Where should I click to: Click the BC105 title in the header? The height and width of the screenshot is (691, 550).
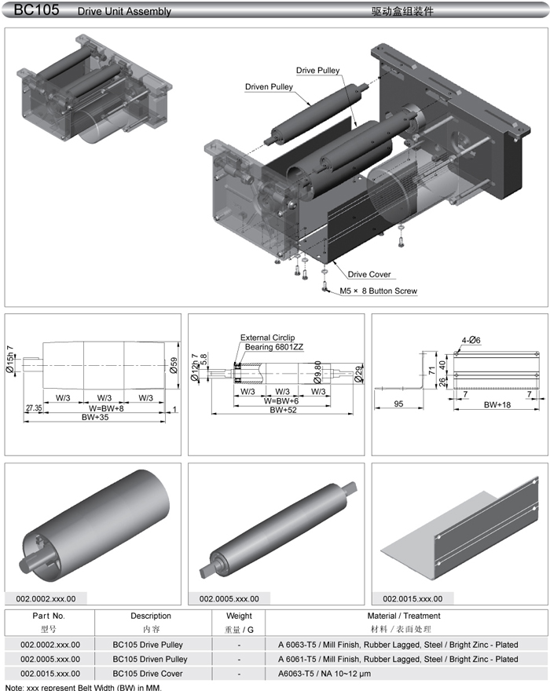[31, 10]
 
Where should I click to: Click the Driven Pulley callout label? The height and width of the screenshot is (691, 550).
[269, 86]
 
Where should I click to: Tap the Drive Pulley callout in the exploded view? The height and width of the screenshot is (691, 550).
[318, 71]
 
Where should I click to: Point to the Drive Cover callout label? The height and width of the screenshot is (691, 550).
[369, 275]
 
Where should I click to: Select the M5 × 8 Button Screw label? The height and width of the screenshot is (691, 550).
[378, 291]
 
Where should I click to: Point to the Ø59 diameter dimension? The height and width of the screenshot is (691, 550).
[174, 367]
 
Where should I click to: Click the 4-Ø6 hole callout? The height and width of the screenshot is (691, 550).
[471, 339]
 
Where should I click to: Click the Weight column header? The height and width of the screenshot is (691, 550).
[239, 616]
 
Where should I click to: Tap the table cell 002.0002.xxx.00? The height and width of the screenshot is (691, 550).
[49, 645]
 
